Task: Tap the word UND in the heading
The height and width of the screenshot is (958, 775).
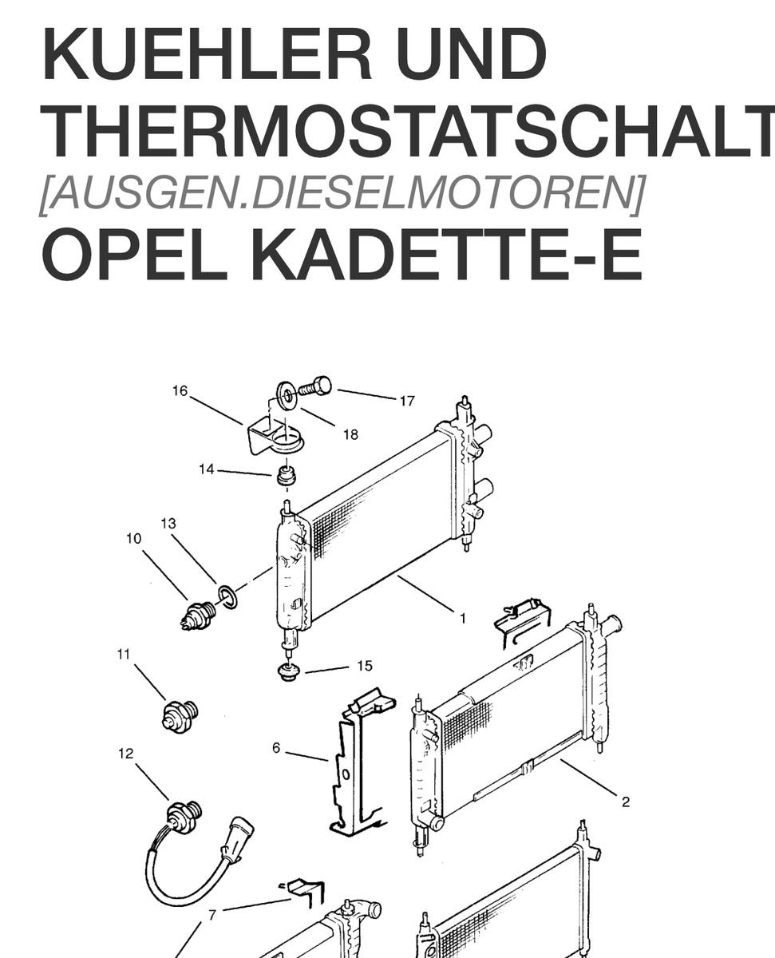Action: [471, 53]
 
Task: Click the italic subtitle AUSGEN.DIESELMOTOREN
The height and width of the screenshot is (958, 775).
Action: [342, 193]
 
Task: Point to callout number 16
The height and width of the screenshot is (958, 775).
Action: [180, 391]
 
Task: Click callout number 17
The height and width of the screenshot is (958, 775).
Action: [407, 401]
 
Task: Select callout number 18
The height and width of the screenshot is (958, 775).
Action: [350, 434]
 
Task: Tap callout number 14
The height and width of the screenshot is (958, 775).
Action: [207, 469]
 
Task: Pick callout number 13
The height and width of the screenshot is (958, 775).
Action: [168, 523]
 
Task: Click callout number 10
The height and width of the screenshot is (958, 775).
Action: [134, 538]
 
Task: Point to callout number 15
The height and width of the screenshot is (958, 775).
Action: [365, 666]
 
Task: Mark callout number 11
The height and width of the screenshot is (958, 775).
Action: [124, 655]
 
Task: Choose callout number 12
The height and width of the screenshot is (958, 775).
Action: [126, 754]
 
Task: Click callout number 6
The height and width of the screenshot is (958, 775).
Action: [276, 748]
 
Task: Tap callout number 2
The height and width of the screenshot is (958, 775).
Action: [626, 802]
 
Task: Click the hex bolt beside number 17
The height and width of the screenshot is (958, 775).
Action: [315, 387]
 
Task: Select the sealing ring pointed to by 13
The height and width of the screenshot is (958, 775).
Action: [227, 597]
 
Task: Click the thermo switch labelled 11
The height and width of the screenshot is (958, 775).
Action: [180, 716]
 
